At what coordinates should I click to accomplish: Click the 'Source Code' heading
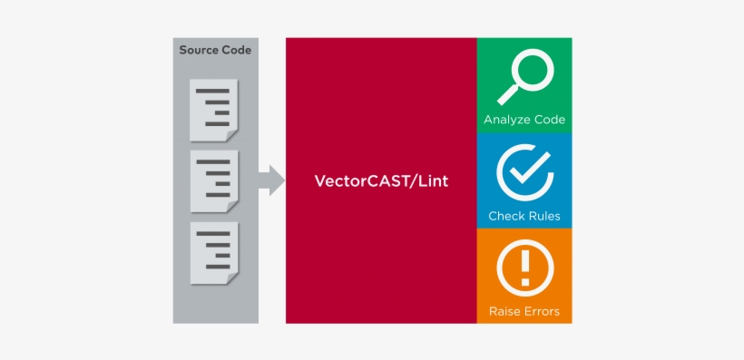tap(215, 50)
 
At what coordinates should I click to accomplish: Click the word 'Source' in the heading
tap(199, 50)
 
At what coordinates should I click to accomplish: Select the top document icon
tap(213, 110)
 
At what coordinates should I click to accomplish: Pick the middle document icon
tap(213, 180)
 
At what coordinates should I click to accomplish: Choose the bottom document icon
tap(213, 251)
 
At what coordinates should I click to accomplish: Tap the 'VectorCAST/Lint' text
tap(381, 181)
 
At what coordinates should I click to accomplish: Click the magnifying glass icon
tap(524, 76)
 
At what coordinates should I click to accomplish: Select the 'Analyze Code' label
tap(524, 120)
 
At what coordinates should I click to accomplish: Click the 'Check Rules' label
tap(524, 216)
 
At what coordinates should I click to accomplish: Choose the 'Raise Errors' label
tap(524, 311)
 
